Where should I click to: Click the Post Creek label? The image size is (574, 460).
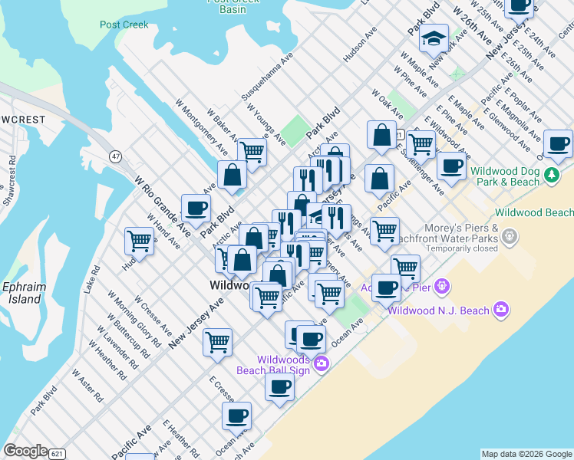[x=124, y=25]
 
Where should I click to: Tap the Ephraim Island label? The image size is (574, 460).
[x=25, y=292]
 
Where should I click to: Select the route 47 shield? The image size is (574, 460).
[x=116, y=156]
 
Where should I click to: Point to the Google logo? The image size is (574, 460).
[x=25, y=451]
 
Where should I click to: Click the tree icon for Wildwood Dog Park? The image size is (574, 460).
[x=551, y=176]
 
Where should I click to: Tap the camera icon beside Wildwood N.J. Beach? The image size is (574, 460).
[x=501, y=310]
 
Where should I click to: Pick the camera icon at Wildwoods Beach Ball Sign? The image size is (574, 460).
[x=321, y=363]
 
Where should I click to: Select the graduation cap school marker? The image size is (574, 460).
[x=434, y=38]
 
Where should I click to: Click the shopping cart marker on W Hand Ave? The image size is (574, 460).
[x=140, y=240]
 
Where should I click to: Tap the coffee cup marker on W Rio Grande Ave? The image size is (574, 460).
[x=196, y=207]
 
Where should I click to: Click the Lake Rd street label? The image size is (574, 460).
[x=93, y=280]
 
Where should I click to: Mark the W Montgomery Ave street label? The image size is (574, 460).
[x=198, y=123]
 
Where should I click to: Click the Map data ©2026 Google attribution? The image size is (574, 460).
[x=526, y=454]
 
